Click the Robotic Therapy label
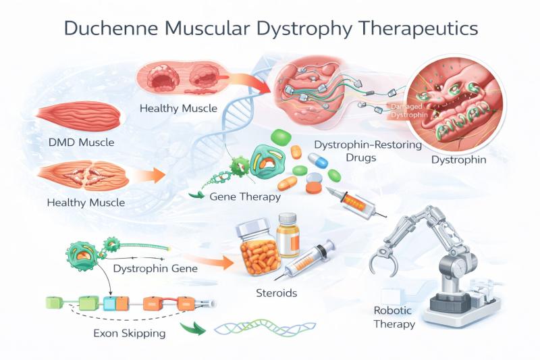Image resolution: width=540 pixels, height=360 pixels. pyautogui.click(x=395, y=317)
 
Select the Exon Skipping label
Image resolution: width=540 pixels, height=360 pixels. pyautogui.click(x=130, y=332)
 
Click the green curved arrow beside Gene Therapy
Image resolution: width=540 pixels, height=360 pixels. pyautogui.click(x=196, y=197)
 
